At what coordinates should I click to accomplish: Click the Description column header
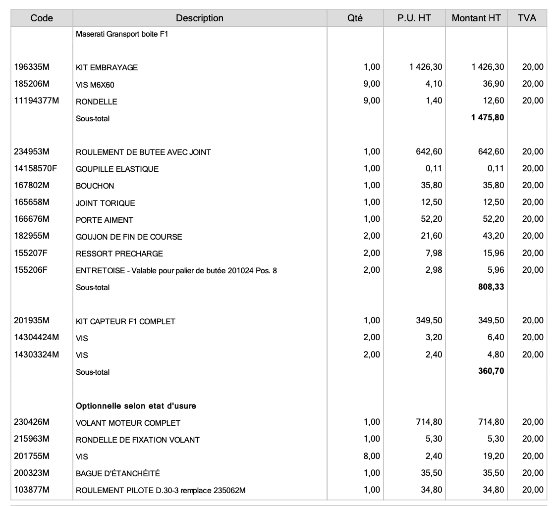(199, 18)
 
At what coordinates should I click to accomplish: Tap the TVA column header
(527, 18)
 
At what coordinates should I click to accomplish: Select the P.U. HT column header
(414, 18)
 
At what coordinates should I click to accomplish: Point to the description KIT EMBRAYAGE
(107, 68)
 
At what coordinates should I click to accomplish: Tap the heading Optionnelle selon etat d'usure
(136, 406)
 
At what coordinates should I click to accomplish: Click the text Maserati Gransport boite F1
(122, 35)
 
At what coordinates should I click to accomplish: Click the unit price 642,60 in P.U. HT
(430, 152)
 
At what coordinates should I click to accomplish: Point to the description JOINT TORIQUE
(106, 203)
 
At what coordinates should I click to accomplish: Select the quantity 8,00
(372, 456)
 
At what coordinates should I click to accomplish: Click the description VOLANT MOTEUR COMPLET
(128, 423)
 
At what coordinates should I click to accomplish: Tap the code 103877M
(31, 490)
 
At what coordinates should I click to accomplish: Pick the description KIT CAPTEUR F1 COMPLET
(126, 322)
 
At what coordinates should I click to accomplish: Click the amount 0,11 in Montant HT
(496, 169)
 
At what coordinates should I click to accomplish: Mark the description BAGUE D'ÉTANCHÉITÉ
(118, 474)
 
